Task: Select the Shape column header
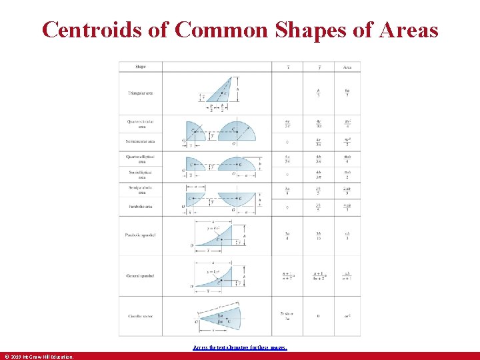pyautogui.click(x=141, y=67)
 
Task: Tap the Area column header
pyautogui.click(x=347, y=67)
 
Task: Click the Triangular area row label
pyautogui.click(x=141, y=93)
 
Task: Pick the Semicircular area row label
pyautogui.click(x=141, y=141)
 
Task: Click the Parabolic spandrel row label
pyautogui.click(x=141, y=235)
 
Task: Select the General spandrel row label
pyautogui.click(x=141, y=275)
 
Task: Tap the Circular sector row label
pyautogui.click(x=141, y=316)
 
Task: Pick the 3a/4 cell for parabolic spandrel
pyautogui.click(x=287, y=235)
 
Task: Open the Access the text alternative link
pyautogui.click(x=239, y=347)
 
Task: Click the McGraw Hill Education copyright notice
pyautogui.click(x=38, y=357)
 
